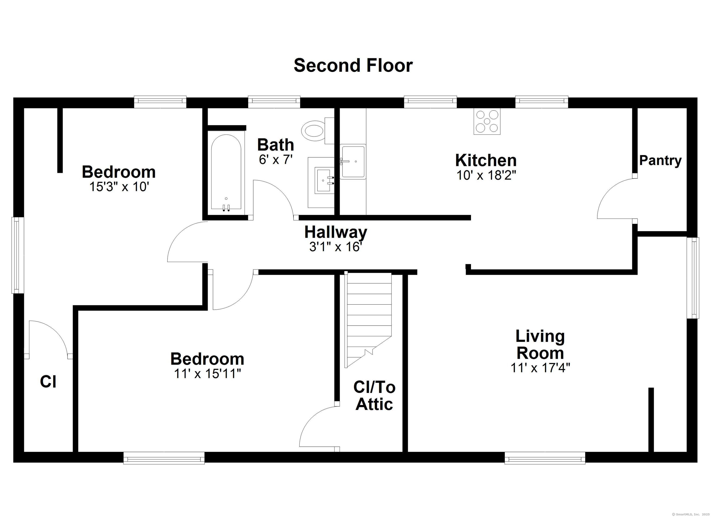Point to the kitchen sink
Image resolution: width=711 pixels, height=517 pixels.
point(353,162)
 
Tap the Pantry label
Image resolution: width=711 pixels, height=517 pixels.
point(660,161)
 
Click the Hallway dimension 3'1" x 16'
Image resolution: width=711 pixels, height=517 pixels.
point(336,247)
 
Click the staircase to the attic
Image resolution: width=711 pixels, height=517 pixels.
point(368,320)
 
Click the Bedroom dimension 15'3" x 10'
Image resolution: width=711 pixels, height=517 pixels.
point(119,187)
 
